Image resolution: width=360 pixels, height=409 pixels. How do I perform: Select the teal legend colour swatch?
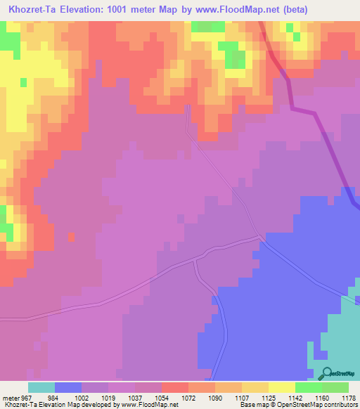[41, 387]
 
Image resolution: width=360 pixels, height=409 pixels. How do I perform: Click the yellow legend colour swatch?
[282, 387]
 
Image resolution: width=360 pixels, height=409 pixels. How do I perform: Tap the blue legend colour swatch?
[68, 387]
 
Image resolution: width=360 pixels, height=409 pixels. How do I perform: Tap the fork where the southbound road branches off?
[195, 260]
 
